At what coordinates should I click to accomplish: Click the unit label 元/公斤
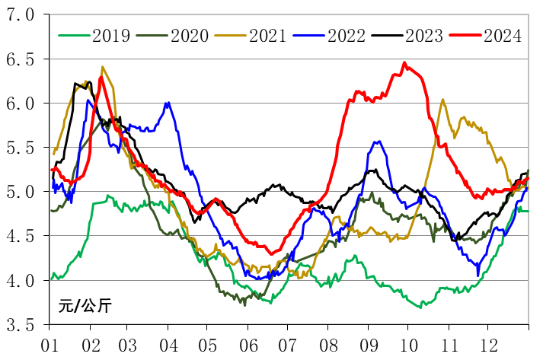point(85,307)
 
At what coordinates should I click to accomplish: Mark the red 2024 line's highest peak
point(404,62)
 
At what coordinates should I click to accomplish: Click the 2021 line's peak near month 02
point(102,67)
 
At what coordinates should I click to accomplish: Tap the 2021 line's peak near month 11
point(443,99)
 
